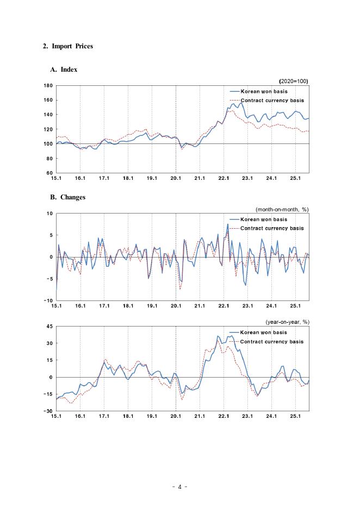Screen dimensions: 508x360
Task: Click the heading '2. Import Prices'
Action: (68, 46)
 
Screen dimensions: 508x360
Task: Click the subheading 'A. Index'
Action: (64, 70)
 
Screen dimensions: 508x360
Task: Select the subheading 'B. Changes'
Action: (68, 197)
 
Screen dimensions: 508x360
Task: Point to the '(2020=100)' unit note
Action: (294, 81)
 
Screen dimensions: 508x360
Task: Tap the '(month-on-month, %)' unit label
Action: (282, 209)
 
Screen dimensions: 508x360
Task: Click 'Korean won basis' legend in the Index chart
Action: (264, 92)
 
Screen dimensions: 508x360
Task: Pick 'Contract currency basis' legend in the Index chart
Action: (272, 101)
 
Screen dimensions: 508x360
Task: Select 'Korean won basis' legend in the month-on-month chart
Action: (264, 219)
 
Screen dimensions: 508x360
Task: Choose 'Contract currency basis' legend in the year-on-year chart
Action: (272, 341)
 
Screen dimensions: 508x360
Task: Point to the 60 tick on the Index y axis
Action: (49, 173)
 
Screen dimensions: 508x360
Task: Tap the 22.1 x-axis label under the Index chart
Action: (224, 178)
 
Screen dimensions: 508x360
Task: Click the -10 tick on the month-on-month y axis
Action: (48, 300)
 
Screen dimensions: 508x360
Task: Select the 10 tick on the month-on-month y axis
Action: (49, 214)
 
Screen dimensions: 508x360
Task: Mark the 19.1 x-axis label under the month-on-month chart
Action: (152, 306)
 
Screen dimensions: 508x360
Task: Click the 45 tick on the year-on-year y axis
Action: (49, 327)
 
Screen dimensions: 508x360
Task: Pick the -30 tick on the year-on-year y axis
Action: (48, 411)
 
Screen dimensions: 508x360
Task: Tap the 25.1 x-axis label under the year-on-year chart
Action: (295, 417)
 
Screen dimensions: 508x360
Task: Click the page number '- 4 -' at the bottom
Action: (179, 487)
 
